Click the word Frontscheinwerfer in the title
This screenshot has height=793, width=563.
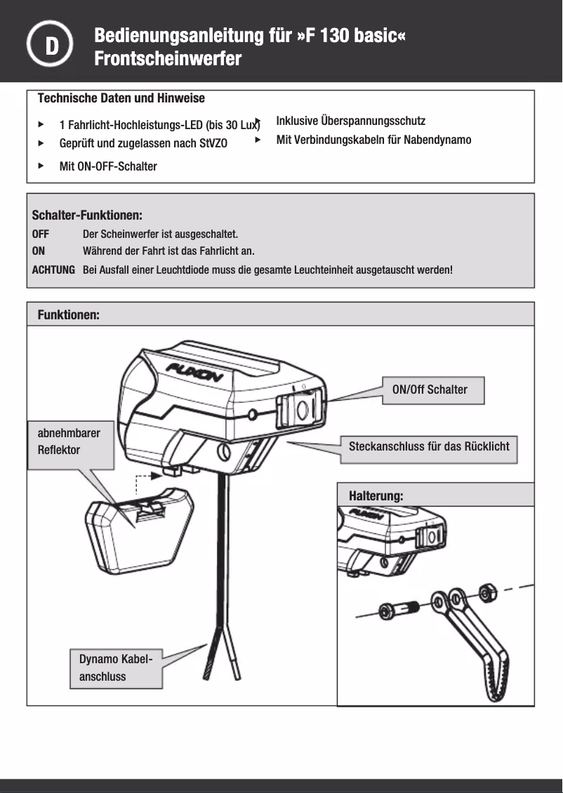coord(168,59)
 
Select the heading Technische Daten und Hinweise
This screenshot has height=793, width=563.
coord(121,98)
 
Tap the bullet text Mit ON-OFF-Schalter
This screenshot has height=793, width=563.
coord(108,166)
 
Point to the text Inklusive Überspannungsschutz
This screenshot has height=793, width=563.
coord(350,121)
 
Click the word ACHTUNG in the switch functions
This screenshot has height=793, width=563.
coord(53,269)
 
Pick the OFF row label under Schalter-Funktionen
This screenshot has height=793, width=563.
coord(41,234)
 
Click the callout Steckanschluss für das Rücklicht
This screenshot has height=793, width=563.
coord(429,446)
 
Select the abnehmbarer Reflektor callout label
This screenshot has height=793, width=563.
coord(69,441)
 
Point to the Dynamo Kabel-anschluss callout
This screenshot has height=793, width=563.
coord(116,667)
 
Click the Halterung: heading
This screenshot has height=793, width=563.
coord(376,496)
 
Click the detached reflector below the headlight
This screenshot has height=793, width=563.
coord(139,526)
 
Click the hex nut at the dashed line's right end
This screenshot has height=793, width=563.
coord(486,593)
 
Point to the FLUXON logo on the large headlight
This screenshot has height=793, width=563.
coord(194,373)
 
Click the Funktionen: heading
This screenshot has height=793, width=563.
coord(68,316)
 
